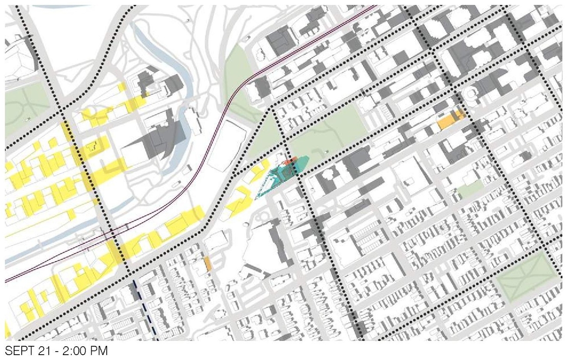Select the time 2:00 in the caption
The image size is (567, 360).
(66, 352)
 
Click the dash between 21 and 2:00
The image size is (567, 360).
(49, 352)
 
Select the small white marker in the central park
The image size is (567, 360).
(327, 153)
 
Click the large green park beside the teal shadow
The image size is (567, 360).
(328, 133)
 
